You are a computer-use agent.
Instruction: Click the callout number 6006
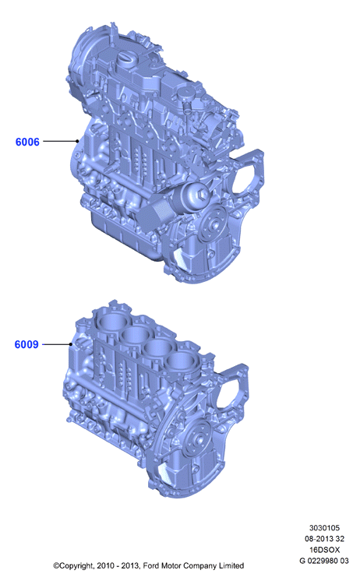(x=27, y=142)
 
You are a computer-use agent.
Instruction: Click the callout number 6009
(x=26, y=344)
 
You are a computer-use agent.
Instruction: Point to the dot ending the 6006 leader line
(x=77, y=141)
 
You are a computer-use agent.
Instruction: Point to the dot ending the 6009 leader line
(x=71, y=344)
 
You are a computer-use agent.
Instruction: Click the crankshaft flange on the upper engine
(x=214, y=223)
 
